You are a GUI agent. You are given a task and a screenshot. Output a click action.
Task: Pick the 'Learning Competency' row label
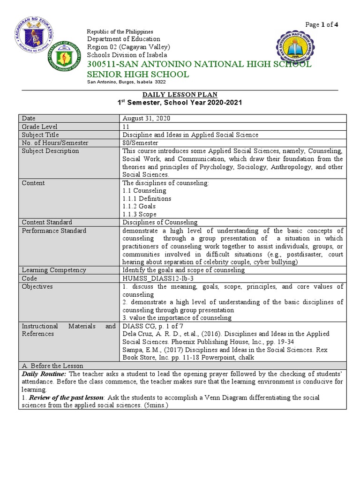(x=54, y=270)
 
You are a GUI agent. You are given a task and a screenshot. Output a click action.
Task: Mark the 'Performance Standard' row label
(x=54, y=231)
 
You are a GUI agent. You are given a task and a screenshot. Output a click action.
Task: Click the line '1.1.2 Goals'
(x=139, y=206)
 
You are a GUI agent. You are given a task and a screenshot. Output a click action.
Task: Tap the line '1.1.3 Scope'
(x=140, y=214)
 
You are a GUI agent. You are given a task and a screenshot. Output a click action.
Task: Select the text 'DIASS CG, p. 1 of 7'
(x=151, y=326)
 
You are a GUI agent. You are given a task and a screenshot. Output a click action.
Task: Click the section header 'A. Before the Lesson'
(x=52, y=366)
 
